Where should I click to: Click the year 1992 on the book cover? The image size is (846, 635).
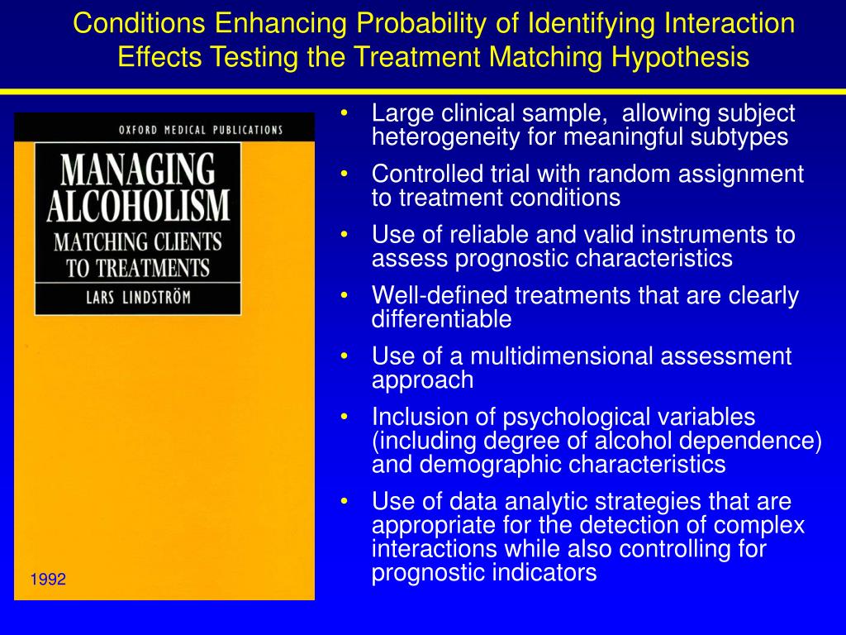(x=48, y=580)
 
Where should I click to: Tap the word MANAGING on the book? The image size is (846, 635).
(x=138, y=171)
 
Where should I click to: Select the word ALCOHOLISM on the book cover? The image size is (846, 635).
(x=138, y=206)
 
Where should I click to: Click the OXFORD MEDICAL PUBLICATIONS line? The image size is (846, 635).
(x=201, y=130)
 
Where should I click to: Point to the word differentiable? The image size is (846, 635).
(x=442, y=319)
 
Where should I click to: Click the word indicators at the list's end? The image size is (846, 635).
(x=544, y=573)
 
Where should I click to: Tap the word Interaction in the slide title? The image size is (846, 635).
(x=729, y=23)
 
